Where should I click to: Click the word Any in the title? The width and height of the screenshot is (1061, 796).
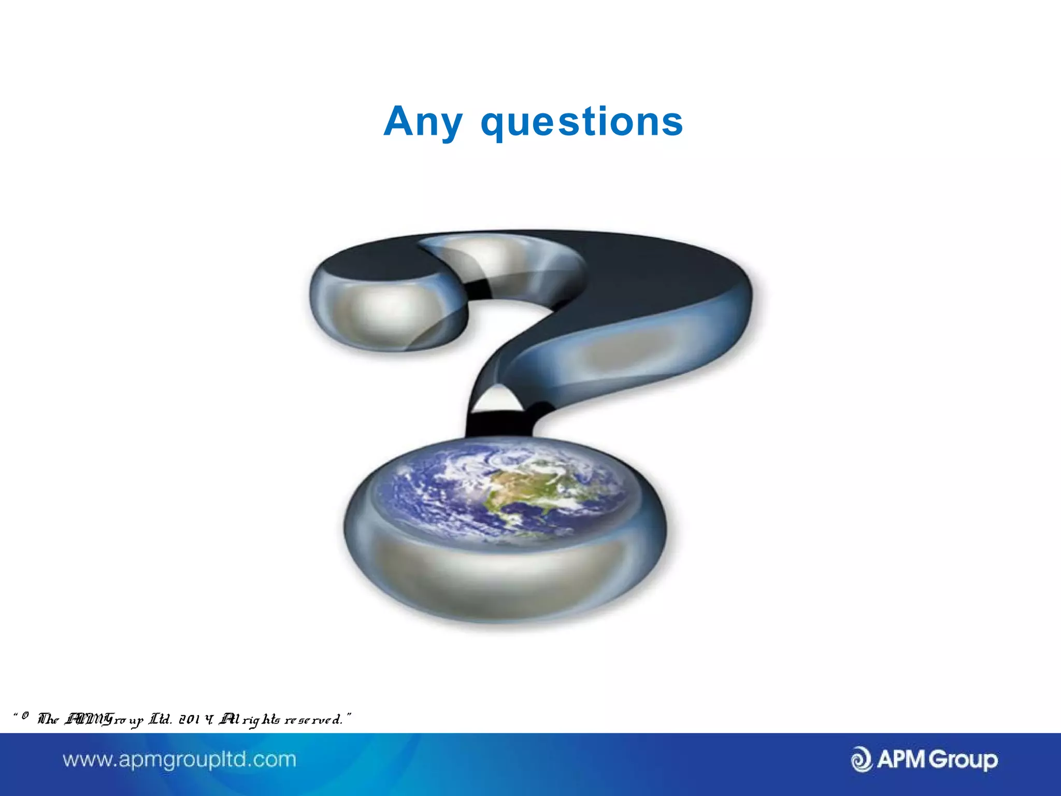(x=422, y=122)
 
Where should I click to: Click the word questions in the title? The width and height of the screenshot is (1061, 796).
(x=582, y=123)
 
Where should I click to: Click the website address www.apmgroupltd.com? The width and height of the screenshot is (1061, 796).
(x=179, y=760)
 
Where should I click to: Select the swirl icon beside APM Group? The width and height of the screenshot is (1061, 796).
(x=862, y=760)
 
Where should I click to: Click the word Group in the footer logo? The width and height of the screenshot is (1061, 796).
(x=963, y=760)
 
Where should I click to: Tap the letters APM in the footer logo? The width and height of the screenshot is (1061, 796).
(x=901, y=759)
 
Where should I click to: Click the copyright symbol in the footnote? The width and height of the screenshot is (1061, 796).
(x=25, y=716)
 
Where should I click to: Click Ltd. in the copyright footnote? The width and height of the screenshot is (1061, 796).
(x=160, y=719)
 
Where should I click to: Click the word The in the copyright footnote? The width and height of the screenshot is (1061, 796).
(x=48, y=719)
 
